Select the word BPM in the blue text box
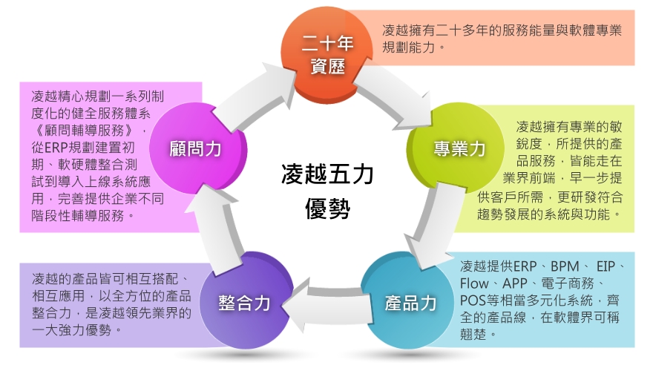click(x=560, y=266)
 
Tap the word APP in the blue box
click(x=515, y=283)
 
